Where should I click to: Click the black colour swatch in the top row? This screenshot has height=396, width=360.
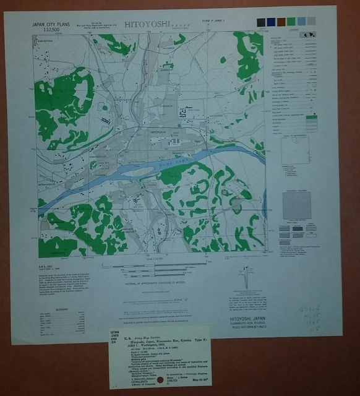[261, 22]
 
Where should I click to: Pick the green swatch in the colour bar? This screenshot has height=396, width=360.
[291, 22]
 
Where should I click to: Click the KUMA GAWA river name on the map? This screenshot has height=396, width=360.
[186, 159]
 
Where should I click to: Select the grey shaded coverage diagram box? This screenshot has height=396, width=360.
[297, 205]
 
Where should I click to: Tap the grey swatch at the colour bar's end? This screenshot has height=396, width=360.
[311, 22]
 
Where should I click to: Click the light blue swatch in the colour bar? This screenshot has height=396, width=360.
[301, 22]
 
